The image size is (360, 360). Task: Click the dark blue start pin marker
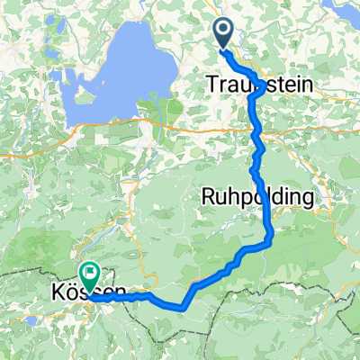(x=225, y=34)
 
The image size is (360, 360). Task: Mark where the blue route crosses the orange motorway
(x=258, y=131)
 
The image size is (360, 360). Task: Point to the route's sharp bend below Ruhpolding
(x=271, y=238)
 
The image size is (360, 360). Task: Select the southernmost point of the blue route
(x=182, y=307)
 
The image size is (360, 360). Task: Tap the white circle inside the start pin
(x=225, y=32)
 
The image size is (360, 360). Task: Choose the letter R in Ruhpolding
(x=209, y=197)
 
